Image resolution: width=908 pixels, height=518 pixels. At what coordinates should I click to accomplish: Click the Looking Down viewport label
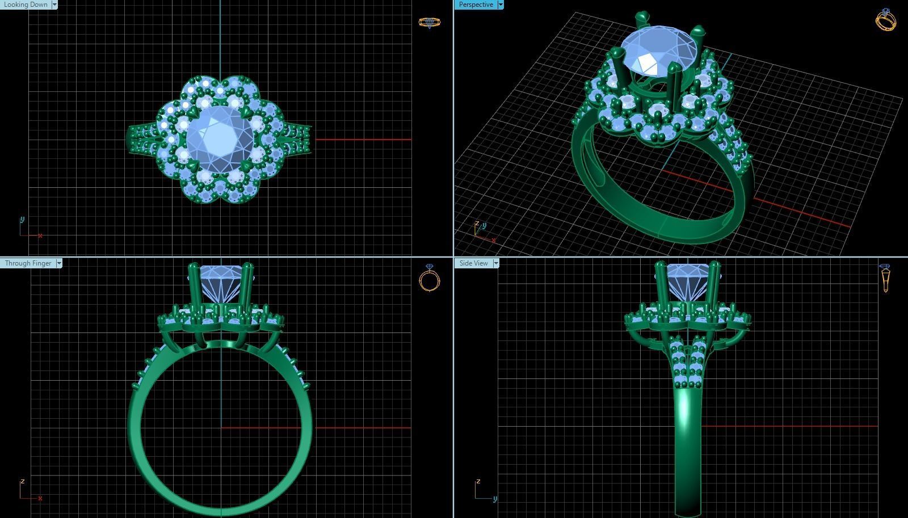click(x=26, y=5)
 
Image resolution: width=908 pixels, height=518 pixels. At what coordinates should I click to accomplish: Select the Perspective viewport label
click(x=476, y=5)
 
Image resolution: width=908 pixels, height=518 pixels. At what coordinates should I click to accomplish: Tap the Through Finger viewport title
click(x=28, y=263)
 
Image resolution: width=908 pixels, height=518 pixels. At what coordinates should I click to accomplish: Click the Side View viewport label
click(x=473, y=263)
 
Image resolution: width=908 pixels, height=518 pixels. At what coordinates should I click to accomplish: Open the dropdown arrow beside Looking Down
click(x=54, y=5)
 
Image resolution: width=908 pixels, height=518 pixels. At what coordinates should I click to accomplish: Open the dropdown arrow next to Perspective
click(x=500, y=5)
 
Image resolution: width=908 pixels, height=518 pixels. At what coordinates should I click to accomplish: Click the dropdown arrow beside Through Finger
click(x=59, y=263)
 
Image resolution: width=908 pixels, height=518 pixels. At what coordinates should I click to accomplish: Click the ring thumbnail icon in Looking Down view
click(x=429, y=23)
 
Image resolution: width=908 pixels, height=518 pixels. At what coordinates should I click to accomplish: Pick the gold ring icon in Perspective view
click(x=885, y=20)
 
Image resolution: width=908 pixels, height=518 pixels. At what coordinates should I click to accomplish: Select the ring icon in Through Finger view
click(x=430, y=278)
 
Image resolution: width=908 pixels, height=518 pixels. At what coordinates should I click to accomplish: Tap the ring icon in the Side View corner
click(x=885, y=278)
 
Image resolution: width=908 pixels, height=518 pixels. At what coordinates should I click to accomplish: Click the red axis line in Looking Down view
click(x=363, y=139)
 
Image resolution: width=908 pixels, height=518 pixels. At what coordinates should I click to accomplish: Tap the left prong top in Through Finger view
click(x=194, y=267)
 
